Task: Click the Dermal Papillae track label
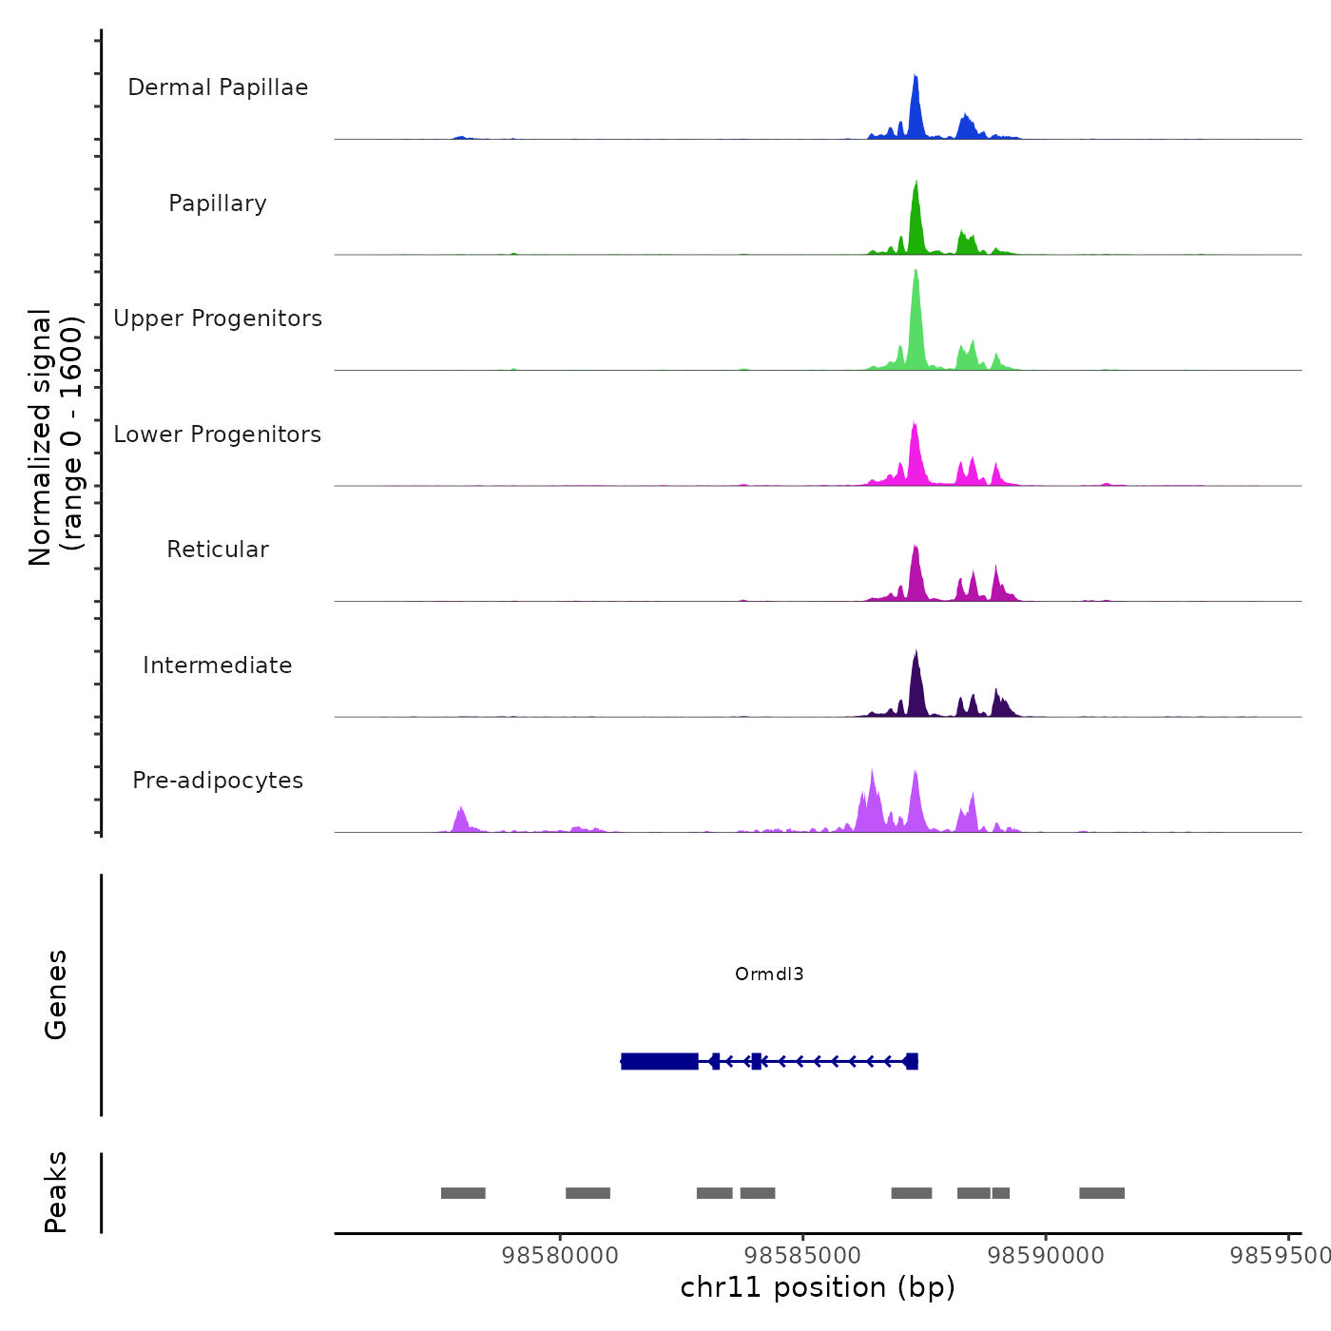click(218, 87)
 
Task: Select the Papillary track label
click(218, 203)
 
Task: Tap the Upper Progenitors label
click(218, 318)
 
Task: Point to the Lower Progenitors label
click(218, 434)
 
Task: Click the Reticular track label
click(218, 550)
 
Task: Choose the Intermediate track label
click(218, 665)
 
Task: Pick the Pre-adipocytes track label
click(218, 781)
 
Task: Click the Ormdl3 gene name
click(769, 974)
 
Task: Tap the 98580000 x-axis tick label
click(560, 1256)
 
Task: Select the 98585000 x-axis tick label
click(802, 1256)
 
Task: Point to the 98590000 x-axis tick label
click(1046, 1256)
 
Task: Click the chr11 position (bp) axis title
click(818, 1288)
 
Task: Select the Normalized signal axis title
click(55, 437)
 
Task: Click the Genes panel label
click(56, 994)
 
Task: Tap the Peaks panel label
click(56, 1192)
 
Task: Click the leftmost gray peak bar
click(463, 1193)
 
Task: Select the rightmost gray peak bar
click(1102, 1193)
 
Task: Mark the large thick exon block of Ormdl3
click(660, 1061)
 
